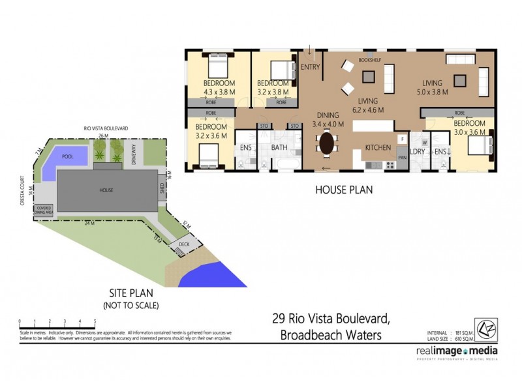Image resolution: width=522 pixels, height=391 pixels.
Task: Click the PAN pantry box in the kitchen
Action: (x=403, y=157)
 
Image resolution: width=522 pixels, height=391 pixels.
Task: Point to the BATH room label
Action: (x=280, y=148)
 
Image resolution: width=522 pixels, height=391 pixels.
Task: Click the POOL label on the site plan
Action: (x=67, y=157)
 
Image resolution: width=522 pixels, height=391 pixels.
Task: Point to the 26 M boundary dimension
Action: (x=102, y=136)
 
